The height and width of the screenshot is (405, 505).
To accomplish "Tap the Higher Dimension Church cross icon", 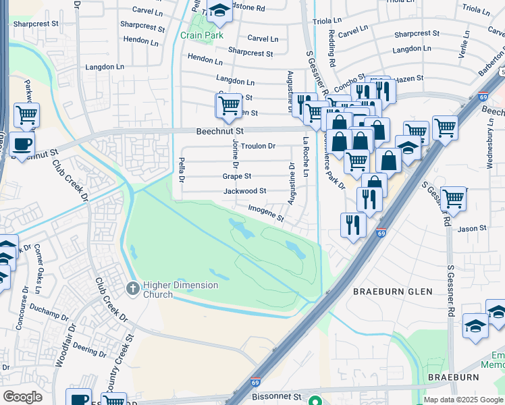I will [132, 289].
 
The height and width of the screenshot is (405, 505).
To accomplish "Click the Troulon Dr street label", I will [259, 146].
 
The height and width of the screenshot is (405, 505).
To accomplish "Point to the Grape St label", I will [237, 176].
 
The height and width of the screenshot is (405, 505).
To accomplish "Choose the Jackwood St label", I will [244, 192].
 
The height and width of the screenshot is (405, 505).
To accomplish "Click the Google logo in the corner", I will [22, 397].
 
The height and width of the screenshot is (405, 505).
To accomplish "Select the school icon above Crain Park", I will [219, 10].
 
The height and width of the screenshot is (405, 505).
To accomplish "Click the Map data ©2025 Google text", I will [462, 400].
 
